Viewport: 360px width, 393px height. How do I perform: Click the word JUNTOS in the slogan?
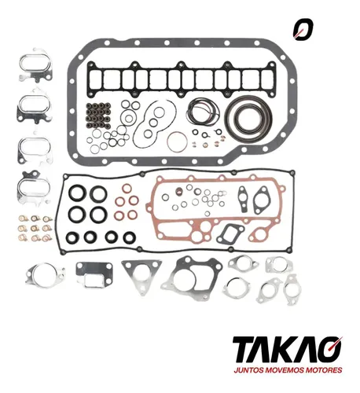click(248, 370)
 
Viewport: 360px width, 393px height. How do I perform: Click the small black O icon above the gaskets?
click(303, 29)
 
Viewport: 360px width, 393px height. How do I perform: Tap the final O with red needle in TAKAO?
click(330, 349)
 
